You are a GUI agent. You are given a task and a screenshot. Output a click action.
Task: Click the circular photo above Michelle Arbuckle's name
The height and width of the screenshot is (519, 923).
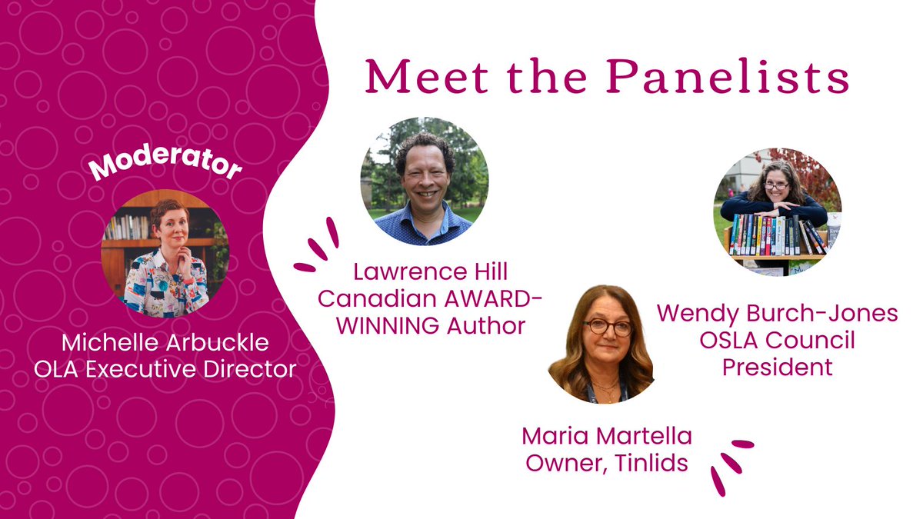165,253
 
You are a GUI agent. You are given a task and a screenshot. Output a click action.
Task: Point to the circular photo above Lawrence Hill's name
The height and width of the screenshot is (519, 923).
424,181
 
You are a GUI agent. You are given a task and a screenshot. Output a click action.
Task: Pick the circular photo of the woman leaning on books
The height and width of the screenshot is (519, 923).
777,211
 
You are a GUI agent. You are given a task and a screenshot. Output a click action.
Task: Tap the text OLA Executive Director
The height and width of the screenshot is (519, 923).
165,369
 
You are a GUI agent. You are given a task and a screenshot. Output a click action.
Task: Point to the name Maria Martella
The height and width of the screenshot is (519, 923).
607,437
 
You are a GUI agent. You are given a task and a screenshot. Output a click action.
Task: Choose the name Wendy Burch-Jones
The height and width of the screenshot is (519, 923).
777,314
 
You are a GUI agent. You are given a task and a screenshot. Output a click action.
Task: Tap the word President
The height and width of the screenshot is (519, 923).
777,367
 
